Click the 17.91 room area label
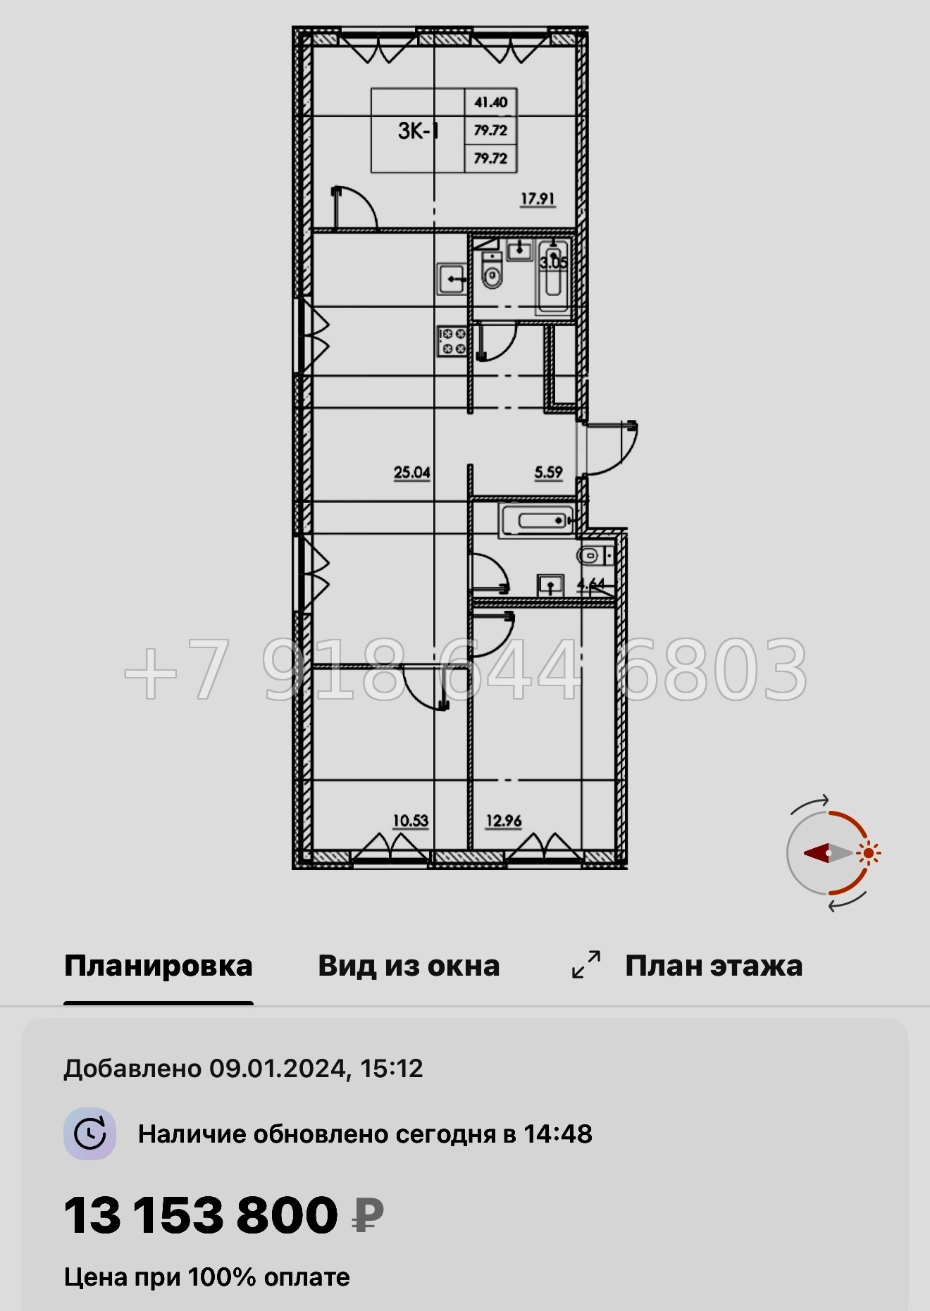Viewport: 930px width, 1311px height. (538, 199)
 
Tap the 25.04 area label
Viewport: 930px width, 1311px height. (412, 472)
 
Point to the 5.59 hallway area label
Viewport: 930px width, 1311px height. (548, 472)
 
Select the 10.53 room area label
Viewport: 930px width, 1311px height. (410, 821)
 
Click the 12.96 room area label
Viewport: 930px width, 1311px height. (504, 821)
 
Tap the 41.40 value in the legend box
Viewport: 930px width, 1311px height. (490, 102)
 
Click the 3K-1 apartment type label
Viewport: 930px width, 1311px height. (418, 130)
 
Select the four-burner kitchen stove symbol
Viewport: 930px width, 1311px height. (452, 341)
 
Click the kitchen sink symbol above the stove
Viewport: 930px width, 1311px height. (452, 279)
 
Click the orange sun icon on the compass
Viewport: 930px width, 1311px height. (869, 853)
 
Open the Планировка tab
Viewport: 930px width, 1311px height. (158, 966)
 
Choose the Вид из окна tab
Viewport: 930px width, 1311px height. (409, 966)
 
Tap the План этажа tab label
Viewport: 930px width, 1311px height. (714, 966)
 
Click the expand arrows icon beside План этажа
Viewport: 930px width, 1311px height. (586, 964)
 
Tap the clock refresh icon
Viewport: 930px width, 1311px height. (90, 1133)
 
